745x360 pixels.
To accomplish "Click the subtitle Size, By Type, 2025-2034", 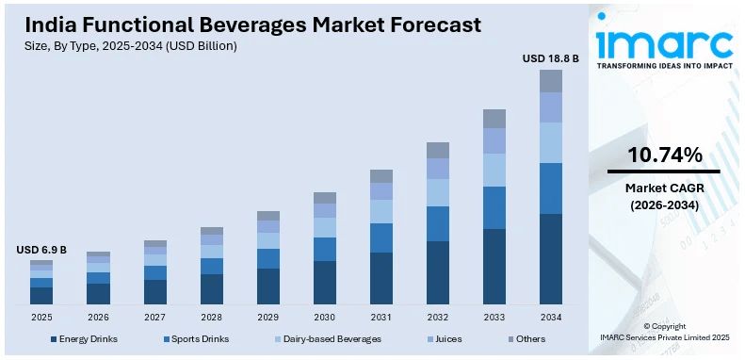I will coord(131,45).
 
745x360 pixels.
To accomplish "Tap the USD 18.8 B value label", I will coord(551,58).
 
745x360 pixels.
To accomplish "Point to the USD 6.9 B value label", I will coord(41,250).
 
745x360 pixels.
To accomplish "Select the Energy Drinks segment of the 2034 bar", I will coord(551,259).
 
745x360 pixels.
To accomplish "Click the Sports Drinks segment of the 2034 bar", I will coord(551,188).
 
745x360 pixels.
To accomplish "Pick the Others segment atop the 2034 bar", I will coord(551,81).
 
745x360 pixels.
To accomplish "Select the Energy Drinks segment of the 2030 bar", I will coord(325,282).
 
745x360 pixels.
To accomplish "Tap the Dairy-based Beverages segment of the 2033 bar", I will coord(494,170).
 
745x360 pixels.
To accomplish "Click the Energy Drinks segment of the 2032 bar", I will coord(438,272).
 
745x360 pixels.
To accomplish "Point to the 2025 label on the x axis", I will coord(41,317).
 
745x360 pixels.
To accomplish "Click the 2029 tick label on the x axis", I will coord(268,317).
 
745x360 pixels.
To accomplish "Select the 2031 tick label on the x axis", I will coord(381,317).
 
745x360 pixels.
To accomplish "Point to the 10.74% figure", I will coord(664,155).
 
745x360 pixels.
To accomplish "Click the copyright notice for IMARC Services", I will coord(664,331).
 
